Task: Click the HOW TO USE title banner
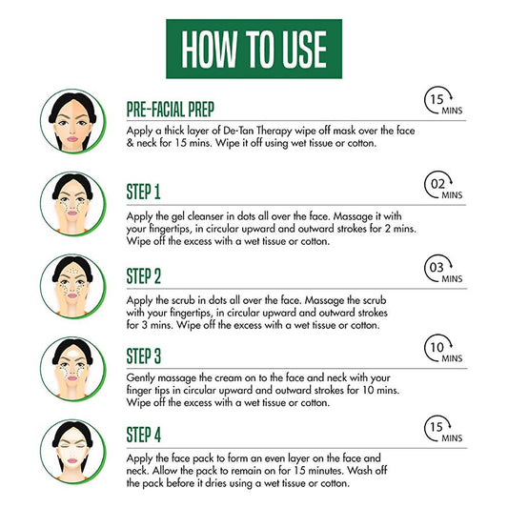[x=254, y=49]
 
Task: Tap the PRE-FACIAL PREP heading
[x=171, y=110]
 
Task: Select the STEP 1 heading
[x=144, y=192]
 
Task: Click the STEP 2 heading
[x=144, y=276]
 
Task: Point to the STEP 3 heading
[x=144, y=356]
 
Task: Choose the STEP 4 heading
[x=144, y=435]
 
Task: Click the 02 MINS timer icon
[x=443, y=185]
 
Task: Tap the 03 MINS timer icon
[x=443, y=269]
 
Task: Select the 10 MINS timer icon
[x=443, y=348]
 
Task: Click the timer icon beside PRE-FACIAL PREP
[x=443, y=100]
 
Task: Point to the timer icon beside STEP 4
[x=443, y=428]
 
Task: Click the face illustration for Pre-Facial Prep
[x=72, y=121]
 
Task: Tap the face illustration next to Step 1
[x=72, y=203]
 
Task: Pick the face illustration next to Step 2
[x=72, y=286]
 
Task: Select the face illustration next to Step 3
[x=72, y=369]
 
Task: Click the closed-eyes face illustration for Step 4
[x=72, y=452]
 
